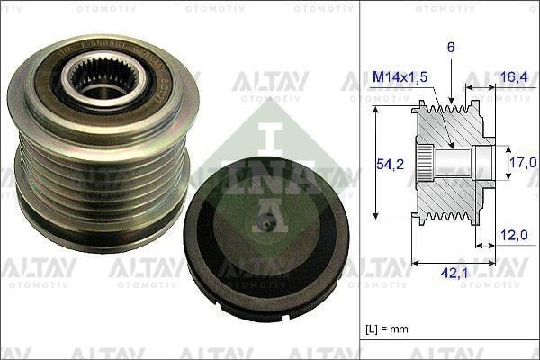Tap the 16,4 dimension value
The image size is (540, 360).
[x=513, y=78]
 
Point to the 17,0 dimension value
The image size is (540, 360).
[x=521, y=164]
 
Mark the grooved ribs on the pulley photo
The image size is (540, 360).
[x=99, y=189]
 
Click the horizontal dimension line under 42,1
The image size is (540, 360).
[x=454, y=263]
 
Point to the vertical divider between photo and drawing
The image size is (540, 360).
[x=360, y=180]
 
